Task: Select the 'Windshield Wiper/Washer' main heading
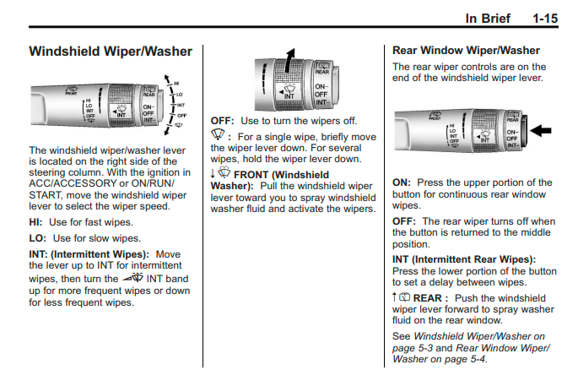click(x=111, y=52)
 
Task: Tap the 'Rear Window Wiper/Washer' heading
click(x=466, y=51)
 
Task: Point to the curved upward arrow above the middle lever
click(x=289, y=62)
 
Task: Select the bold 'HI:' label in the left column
click(x=38, y=221)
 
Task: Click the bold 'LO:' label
click(x=39, y=238)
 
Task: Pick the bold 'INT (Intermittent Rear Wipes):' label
click(x=464, y=259)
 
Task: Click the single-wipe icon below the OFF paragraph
click(x=218, y=136)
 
